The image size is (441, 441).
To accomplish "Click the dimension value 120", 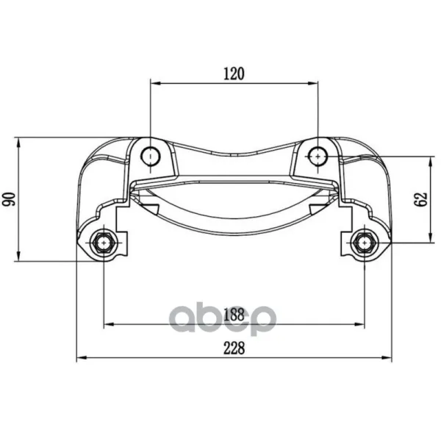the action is coord(234,73).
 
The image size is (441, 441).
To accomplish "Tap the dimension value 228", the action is coord(234,348).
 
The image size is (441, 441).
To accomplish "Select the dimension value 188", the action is coord(234,315).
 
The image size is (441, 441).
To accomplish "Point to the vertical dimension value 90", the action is coord(9,199).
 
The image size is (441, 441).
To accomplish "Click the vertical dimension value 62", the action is coord(420,199).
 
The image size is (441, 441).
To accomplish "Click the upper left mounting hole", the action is coord(151,156).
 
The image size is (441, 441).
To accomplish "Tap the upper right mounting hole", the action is coord(318,156).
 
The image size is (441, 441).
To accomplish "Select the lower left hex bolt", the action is coord(104,243).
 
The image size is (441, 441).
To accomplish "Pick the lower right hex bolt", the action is coord(365,243).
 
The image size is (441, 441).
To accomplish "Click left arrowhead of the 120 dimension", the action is coord(155,83).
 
